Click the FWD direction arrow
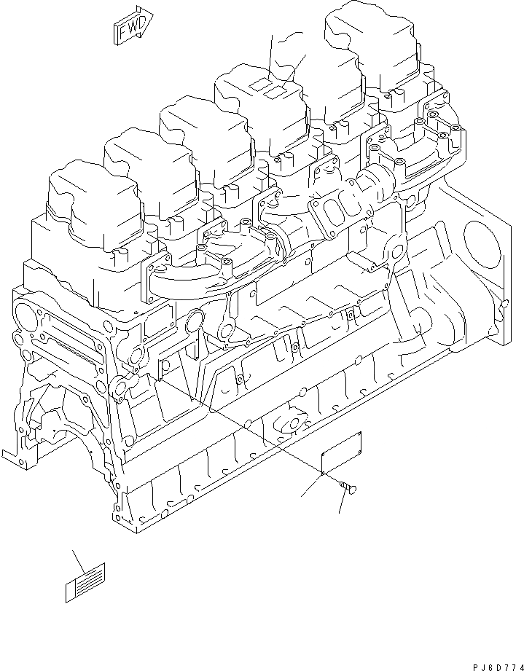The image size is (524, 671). pyautogui.click(x=131, y=24)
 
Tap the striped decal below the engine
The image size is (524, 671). pyautogui.click(x=85, y=583)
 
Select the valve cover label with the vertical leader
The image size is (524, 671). pyautogui.click(x=259, y=85)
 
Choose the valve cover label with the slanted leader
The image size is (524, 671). pyautogui.click(x=275, y=93)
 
